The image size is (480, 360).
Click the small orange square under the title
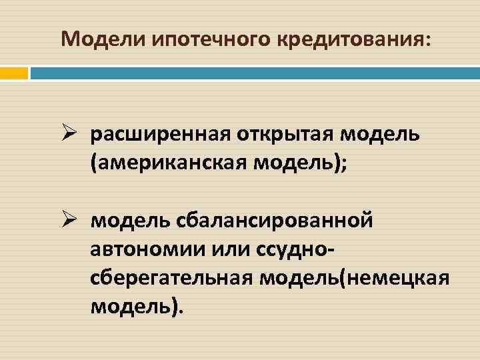[13, 73]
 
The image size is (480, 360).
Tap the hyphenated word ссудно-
[294, 247]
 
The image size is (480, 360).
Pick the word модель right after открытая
[380, 135]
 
